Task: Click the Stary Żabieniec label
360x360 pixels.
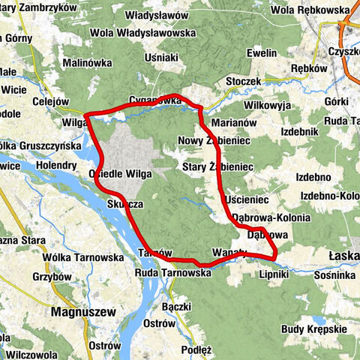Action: click(219, 166)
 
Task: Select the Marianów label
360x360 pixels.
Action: click(235, 121)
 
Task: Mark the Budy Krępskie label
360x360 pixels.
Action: click(314, 328)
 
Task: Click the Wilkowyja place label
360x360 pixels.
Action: click(267, 105)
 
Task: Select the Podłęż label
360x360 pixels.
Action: click(197, 349)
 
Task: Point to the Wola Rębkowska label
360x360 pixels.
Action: click(310, 10)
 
